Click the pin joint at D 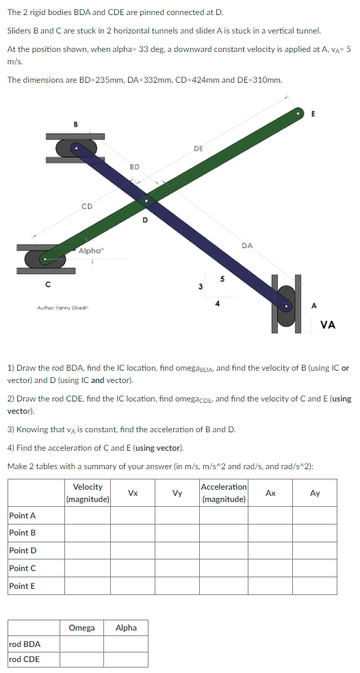[145, 201]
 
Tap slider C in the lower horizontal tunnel [45, 259]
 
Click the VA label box [328, 325]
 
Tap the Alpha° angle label [90, 251]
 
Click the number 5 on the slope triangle [221, 278]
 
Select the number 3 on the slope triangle [201, 286]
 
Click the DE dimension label [198, 148]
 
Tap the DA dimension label [247, 245]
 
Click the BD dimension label [134, 166]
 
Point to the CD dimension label [86, 205]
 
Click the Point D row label [22, 550]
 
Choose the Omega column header [82, 627]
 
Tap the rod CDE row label [25, 659]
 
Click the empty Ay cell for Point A [314, 515]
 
